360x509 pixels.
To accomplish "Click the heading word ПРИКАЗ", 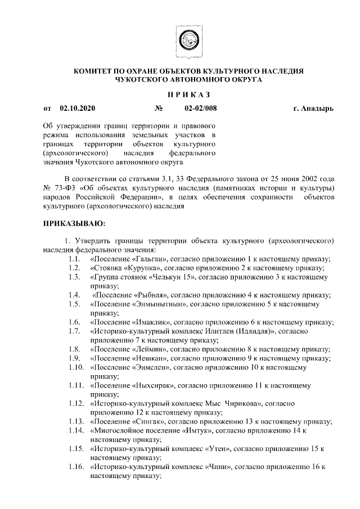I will (x=188, y=93).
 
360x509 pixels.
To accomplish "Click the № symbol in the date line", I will (x=159, y=107).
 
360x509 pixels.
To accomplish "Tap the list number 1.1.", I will (x=73, y=259).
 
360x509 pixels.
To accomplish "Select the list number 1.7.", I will (x=73, y=331).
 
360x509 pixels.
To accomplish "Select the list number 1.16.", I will (x=75, y=467).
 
